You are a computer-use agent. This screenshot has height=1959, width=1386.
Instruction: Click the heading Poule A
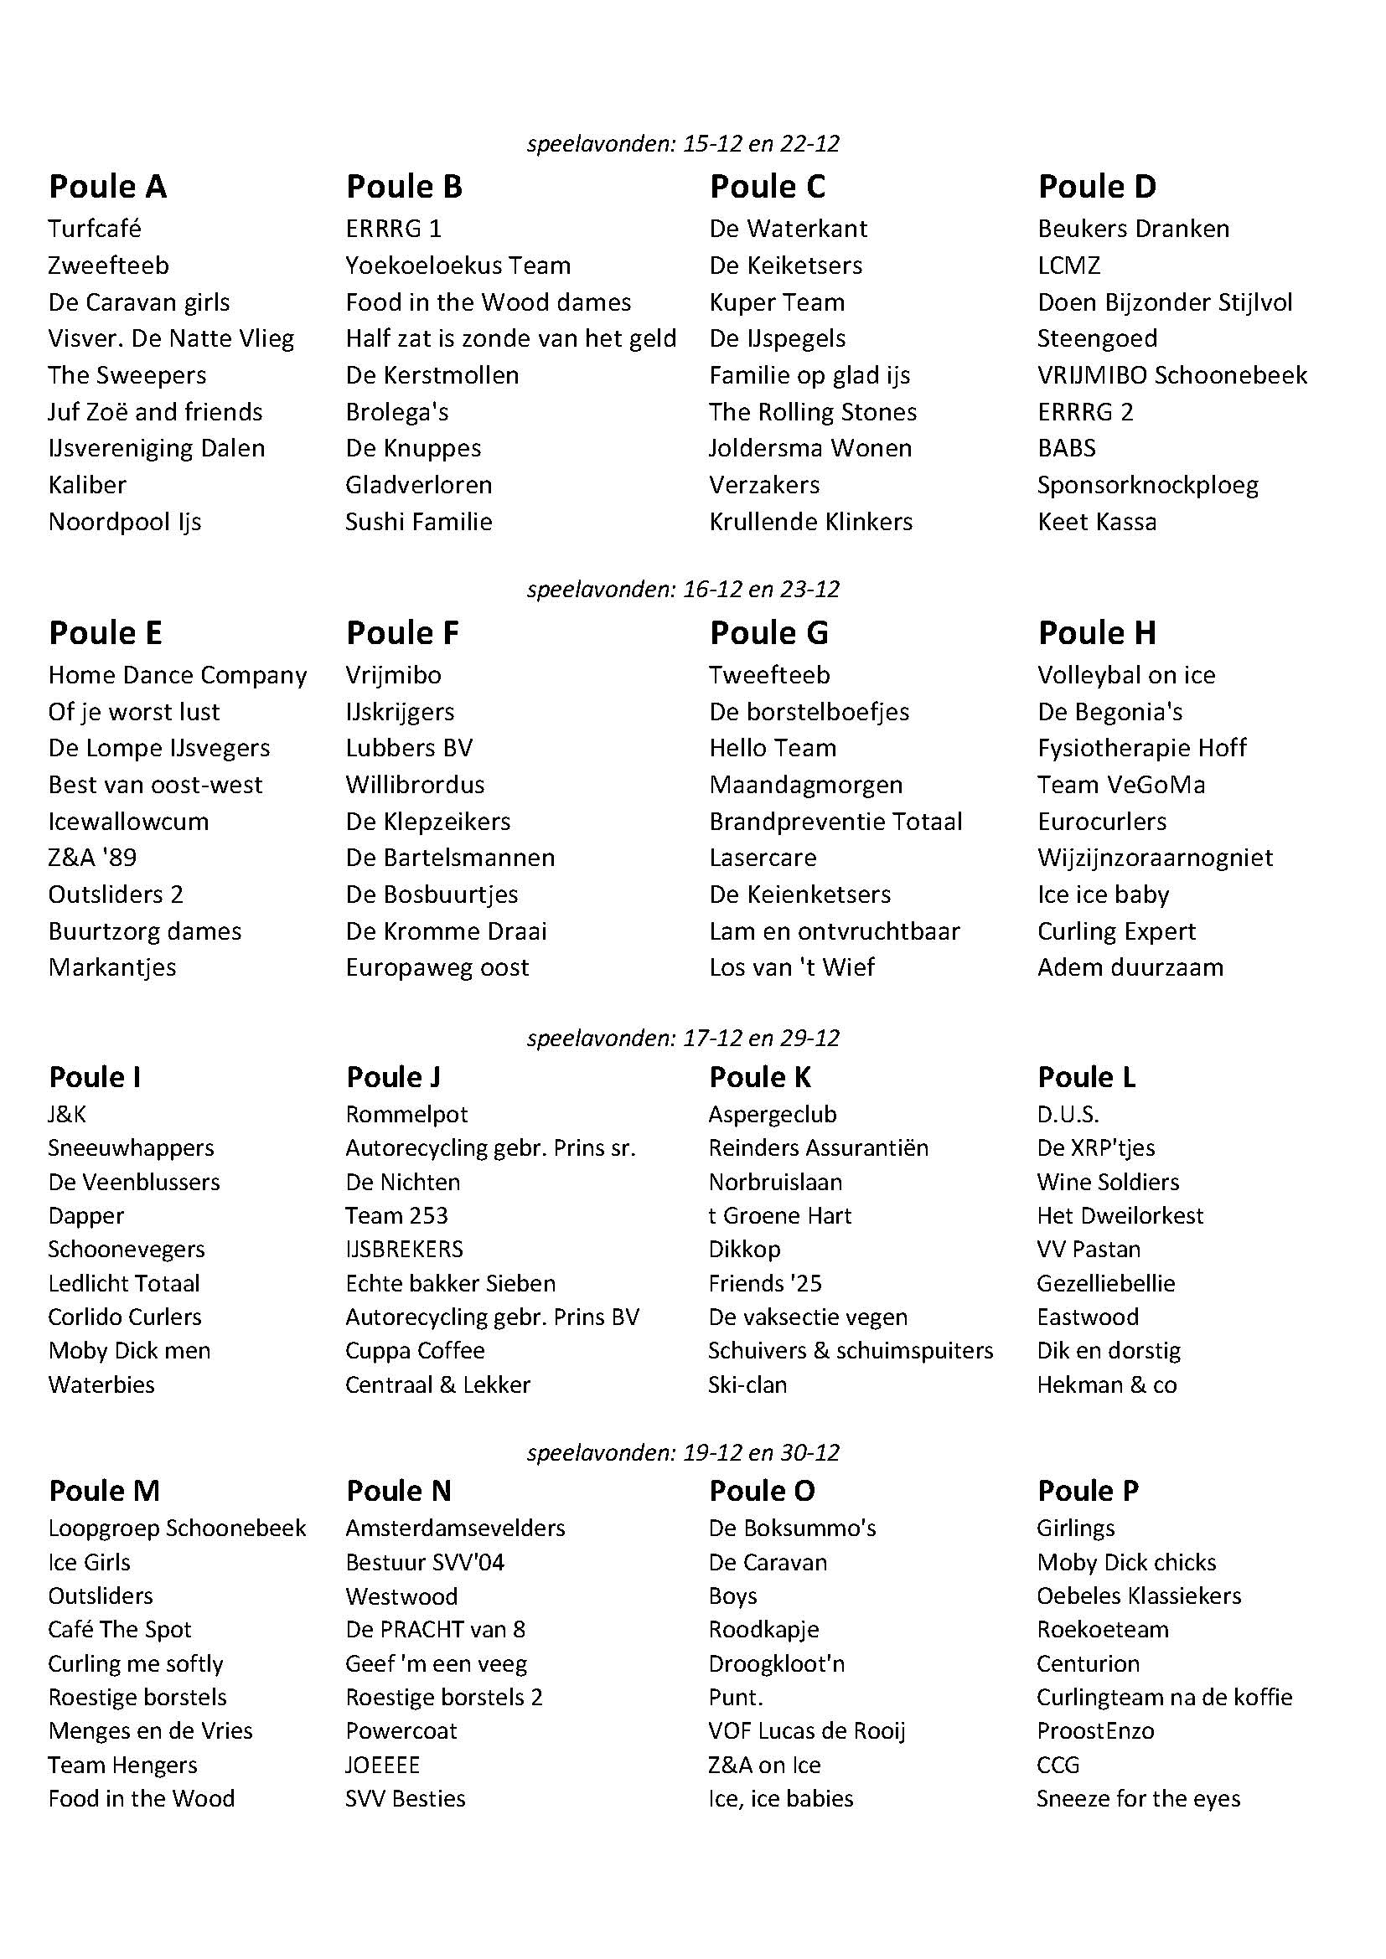(107, 187)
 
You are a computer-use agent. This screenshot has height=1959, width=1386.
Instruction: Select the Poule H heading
(1097, 633)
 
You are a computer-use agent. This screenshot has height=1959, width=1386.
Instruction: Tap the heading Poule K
(759, 1078)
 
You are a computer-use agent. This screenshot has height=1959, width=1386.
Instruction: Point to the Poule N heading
(399, 1491)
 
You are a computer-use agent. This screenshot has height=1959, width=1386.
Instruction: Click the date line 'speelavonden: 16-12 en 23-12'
(683, 590)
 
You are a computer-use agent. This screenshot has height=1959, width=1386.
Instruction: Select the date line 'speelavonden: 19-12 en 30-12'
(683, 1452)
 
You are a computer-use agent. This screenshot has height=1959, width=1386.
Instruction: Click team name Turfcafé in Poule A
(95, 229)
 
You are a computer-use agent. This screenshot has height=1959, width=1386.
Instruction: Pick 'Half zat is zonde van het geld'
(510, 338)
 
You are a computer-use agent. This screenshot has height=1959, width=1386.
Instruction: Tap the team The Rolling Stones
(813, 412)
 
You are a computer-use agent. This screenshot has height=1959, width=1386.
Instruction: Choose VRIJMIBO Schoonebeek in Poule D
(1171, 375)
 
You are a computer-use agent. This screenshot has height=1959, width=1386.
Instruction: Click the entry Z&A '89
(92, 858)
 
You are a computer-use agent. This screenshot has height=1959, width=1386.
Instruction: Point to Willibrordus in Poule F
(415, 785)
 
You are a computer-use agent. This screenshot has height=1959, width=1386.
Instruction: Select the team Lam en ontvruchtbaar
(834, 931)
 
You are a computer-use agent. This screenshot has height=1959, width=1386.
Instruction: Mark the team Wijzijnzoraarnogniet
(1155, 858)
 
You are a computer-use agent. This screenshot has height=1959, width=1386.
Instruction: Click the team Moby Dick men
(129, 1351)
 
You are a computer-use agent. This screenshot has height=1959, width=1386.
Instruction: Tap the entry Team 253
(396, 1216)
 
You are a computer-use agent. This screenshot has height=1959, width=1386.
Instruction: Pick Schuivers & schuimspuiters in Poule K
(850, 1351)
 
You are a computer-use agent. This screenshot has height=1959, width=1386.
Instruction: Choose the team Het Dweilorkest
(1120, 1216)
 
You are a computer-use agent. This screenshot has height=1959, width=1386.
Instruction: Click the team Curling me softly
(136, 1664)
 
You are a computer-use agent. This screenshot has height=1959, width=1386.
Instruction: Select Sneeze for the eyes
(1138, 1798)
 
